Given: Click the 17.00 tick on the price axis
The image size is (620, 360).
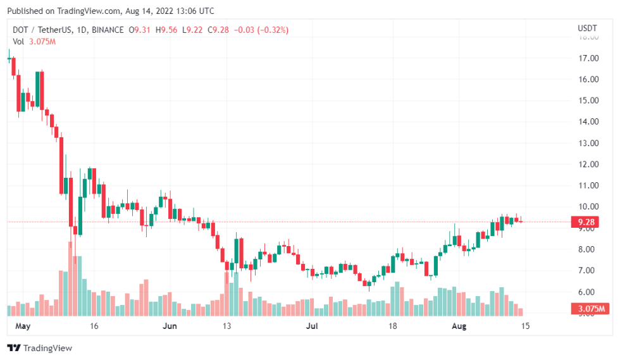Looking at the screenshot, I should pyautogui.click(x=589, y=58).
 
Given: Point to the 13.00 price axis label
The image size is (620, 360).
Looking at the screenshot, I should pyautogui.click(x=589, y=143).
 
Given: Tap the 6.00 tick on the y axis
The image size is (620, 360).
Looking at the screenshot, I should pyautogui.click(x=589, y=292).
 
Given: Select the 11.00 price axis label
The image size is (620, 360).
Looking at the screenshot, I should pyautogui.click(x=589, y=185).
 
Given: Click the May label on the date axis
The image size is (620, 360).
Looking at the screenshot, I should pyautogui.click(x=23, y=326).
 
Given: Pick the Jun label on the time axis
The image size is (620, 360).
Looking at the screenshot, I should pyautogui.click(x=170, y=326).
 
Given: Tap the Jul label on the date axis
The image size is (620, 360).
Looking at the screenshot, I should pyautogui.click(x=311, y=326).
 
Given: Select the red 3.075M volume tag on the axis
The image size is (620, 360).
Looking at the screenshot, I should pyautogui.click(x=589, y=309).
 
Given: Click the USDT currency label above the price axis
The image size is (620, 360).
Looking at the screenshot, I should pyautogui.click(x=586, y=28).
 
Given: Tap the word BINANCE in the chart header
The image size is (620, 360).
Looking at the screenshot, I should pyautogui.click(x=106, y=30).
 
